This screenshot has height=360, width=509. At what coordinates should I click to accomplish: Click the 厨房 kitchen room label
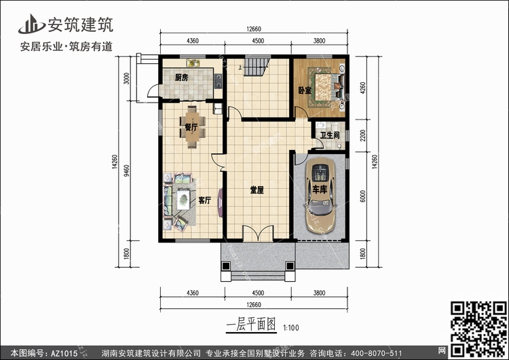point(181,77)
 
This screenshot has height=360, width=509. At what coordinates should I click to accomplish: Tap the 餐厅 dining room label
point(191,127)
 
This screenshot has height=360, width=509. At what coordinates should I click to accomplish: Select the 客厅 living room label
point(205,200)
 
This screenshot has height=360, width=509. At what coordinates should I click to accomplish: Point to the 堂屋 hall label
point(257,190)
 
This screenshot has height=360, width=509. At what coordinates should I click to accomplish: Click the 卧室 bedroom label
point(305,90)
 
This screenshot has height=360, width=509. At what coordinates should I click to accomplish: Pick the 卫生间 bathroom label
point(330,135)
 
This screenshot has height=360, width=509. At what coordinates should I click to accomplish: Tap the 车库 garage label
point(320,190)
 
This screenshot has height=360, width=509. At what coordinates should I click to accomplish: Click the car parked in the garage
point(320,195)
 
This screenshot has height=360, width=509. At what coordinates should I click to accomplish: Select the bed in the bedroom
point(327,88)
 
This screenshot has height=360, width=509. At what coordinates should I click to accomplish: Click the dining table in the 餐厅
point(192,127)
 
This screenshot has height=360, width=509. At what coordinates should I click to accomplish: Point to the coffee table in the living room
point(183,199)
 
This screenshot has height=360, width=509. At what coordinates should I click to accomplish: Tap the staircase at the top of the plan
point(257,67)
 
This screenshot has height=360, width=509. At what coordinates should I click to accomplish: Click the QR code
point(478,329)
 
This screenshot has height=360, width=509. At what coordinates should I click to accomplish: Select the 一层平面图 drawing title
point(251,324)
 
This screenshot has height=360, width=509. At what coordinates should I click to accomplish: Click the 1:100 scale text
point(291,328)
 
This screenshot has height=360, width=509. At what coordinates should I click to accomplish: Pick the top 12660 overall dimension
point(254,29)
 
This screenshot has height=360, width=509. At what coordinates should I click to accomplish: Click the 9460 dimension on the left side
point(126,171)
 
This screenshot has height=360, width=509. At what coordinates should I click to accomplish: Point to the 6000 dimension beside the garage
point(362,196)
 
